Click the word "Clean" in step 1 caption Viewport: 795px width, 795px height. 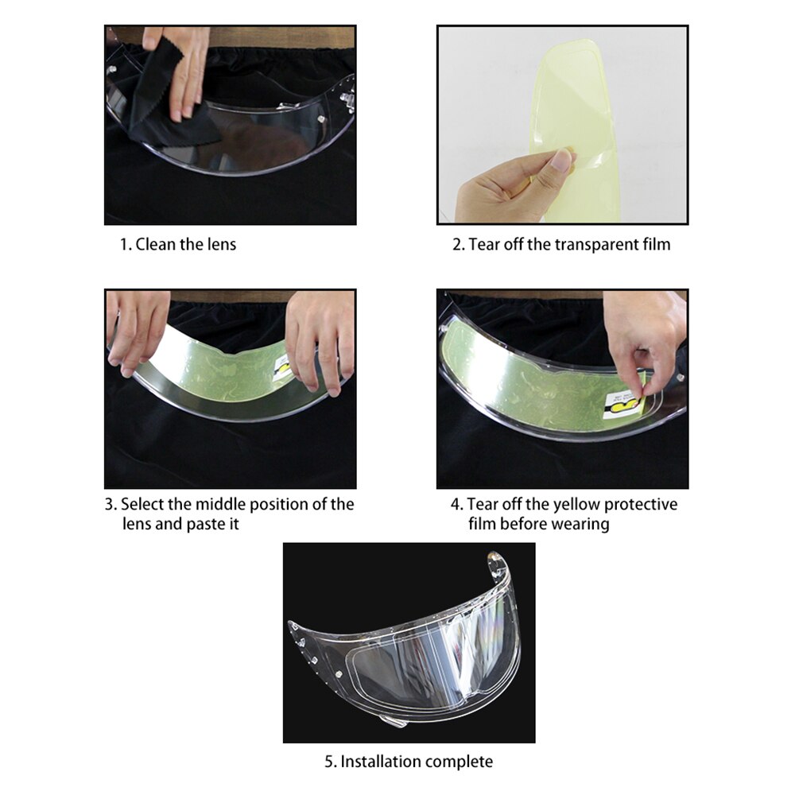[x=155, y=244]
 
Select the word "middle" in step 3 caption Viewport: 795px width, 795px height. [x=220, y=505]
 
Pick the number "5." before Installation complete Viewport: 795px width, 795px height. [x=331, y=762]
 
